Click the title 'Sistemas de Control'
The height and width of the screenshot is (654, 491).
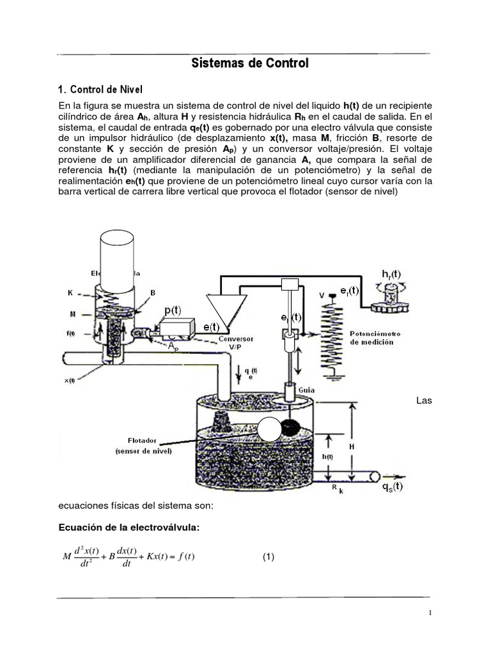[250, 63]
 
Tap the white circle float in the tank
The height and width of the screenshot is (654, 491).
[269, 429]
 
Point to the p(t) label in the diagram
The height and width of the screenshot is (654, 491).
[173, 310]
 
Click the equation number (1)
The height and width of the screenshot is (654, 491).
[269, 557]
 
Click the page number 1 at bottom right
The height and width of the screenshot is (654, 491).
[430, 613]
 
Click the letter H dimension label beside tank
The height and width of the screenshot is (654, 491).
[351, 448]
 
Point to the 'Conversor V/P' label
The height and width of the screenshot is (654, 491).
[237, 342]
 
